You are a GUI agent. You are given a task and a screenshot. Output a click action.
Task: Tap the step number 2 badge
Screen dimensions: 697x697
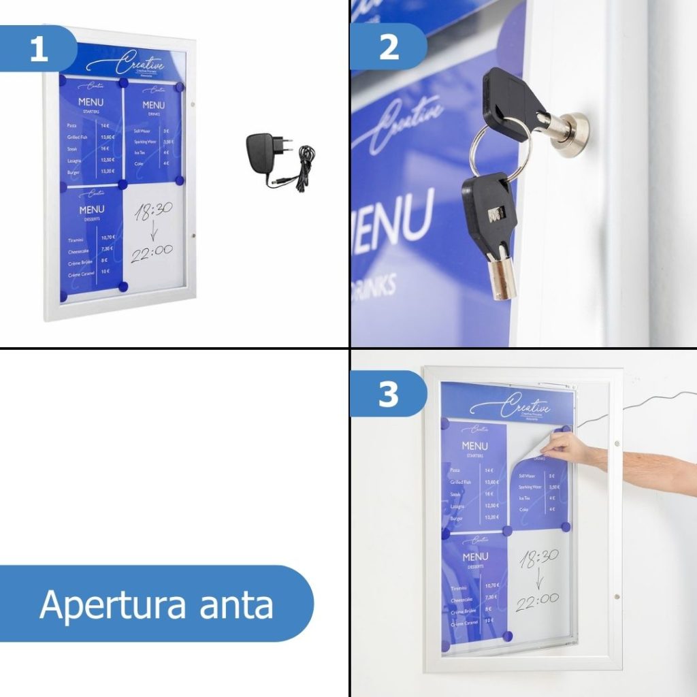point(388,47)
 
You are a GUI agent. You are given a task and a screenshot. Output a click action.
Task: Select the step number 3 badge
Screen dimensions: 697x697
point(388,394)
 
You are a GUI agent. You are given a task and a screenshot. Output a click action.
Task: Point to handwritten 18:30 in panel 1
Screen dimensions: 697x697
point(153,213)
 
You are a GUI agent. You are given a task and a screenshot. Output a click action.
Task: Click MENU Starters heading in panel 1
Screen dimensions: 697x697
point(91,105)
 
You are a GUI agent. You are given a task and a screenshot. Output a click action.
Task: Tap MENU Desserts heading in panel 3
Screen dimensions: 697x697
point(475,560)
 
